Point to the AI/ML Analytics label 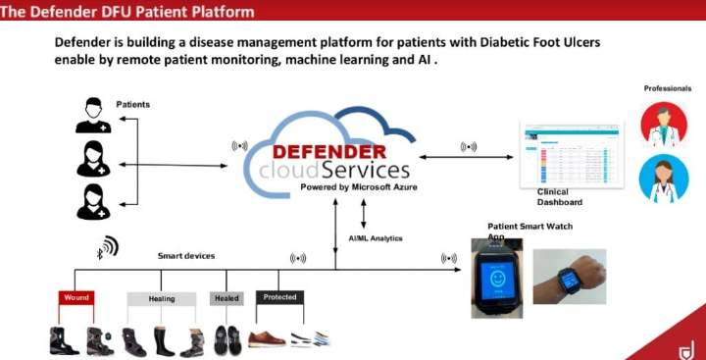coord(376,237)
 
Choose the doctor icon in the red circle coord(664,125)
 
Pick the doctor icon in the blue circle coord(664,180)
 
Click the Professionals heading coord(667,88)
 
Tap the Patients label coord(133,103)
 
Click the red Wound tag coord(76,297)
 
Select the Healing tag coord(162,297)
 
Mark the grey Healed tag coord(226,297)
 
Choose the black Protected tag coord(279,297)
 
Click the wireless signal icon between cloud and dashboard coord(469,148)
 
